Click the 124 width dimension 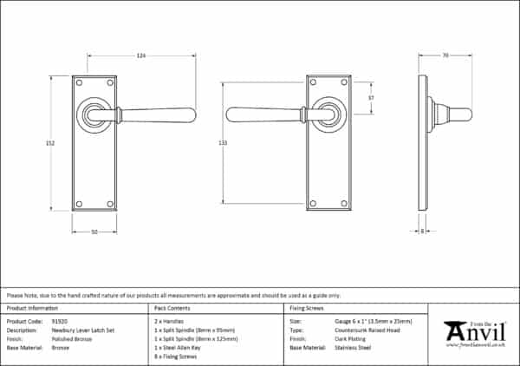[x=141, y=56]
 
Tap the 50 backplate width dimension [x=94, y=231]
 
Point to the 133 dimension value [x=224, y=143]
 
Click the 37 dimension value [x=370, y=97]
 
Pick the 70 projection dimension [x=445, y=56]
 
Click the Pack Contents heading [x=172, y=308]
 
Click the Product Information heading [x=32, y=308]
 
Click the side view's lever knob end [x=465, y=114]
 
